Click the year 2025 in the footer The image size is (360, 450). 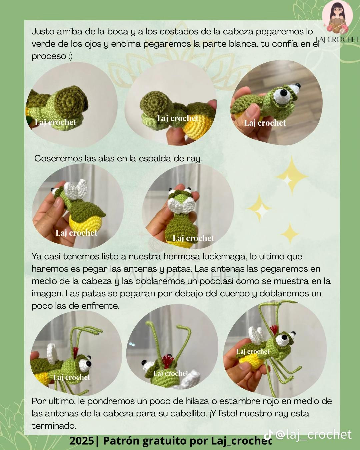click(x=82, y=441)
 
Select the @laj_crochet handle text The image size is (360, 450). click(x=314, y=434)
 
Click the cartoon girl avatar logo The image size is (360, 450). click(x=337, y=17)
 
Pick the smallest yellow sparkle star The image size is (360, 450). click(x=290, y=233)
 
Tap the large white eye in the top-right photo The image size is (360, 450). click(x=280, y=96)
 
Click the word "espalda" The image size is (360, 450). click(x=161, y=158)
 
